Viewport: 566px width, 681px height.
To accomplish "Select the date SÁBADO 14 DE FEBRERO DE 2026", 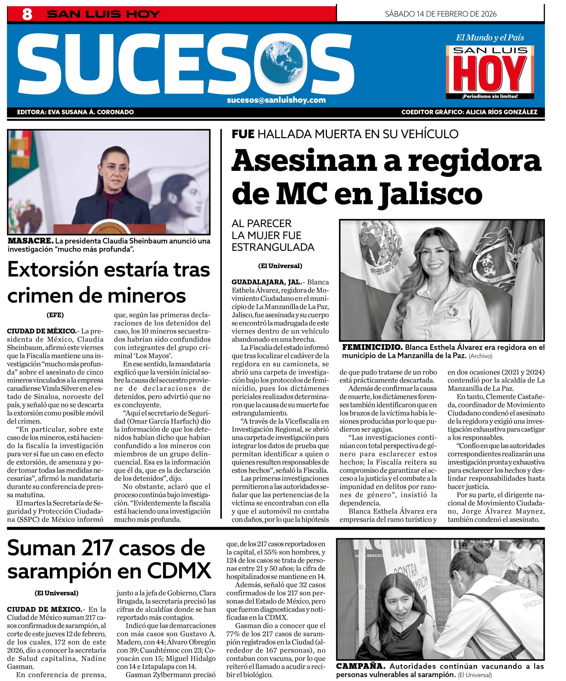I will [440, 14].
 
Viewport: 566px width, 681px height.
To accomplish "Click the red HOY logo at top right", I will [490, 74].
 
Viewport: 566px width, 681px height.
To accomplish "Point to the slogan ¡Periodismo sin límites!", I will [490, 96].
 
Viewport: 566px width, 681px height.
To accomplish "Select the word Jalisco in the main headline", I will [431, 194].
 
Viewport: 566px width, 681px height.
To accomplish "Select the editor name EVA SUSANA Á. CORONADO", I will [90, 112].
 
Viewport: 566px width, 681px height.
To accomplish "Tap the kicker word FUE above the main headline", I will [243, 134].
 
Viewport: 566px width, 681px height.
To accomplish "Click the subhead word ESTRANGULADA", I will [273, 247].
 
